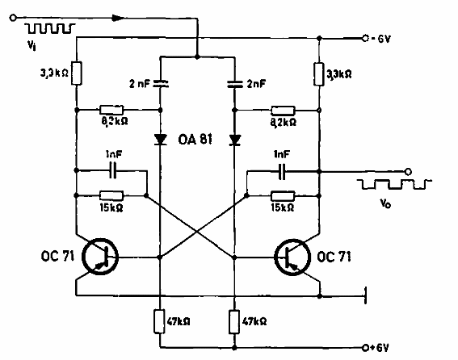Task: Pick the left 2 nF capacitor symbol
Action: coord(161,82)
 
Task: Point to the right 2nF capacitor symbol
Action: coord(235,82)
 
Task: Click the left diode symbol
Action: coord(161,140)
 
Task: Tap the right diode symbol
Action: coord(235,140)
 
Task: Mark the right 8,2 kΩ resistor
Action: coord(284,110)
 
